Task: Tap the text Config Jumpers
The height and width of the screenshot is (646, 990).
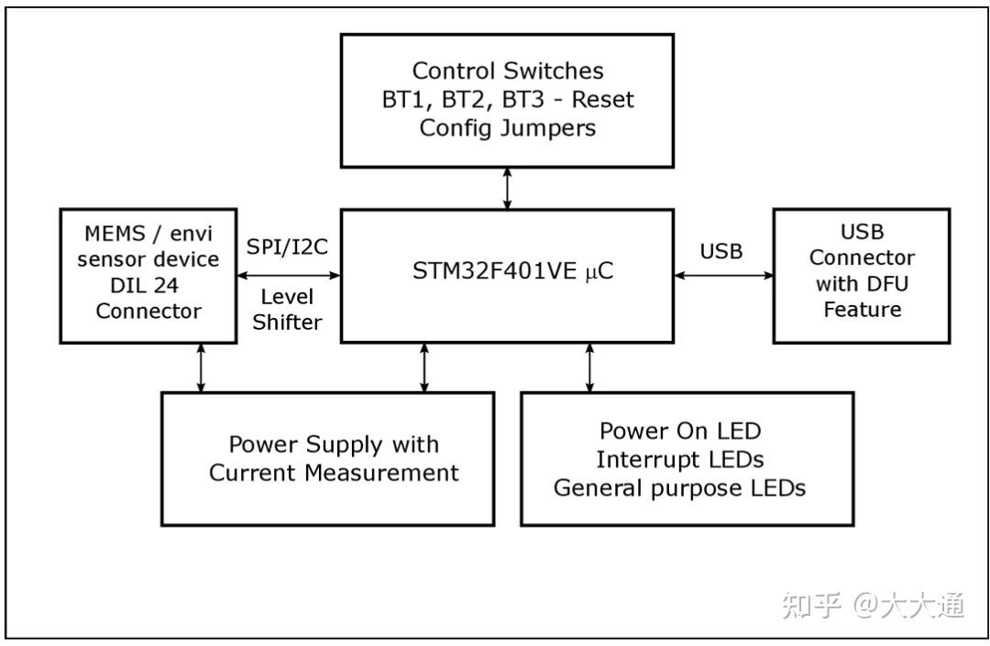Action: pyautogui.click(x=507, y=127)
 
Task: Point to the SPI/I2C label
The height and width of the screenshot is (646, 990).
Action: pyautogui.click(x=287, y=247)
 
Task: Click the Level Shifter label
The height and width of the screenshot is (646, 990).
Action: pyautogui.click(x=287, y=310)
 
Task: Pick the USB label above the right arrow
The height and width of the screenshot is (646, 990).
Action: pyautogui.click(x=721, y=250)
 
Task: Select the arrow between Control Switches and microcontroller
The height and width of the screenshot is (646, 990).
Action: pyautogui.click(x=507, y=188)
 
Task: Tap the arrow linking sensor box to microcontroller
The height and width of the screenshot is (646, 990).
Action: pyautogui.click(x=288, y=275)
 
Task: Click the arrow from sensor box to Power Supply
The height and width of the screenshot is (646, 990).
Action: pyautogui.click(x=200, y=367)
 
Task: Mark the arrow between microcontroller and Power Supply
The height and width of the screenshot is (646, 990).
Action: pyautogui.click(x=423, y=367)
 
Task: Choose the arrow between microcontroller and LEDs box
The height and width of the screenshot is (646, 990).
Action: pyautogui.click(x=589, y=367)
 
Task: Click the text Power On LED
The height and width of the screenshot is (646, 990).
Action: pyautogui.click(x=680, y=430)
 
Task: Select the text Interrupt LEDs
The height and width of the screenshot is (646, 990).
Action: pyautogui.click(x=680, y=458)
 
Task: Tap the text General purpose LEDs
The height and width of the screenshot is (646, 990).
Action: pyautogui.click(x=680, y=487)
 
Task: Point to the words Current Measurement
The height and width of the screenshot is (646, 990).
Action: pyautogui.click(x=334, y=473)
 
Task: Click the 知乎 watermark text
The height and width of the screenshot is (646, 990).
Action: pyautogui.click(x=811, y=605)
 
